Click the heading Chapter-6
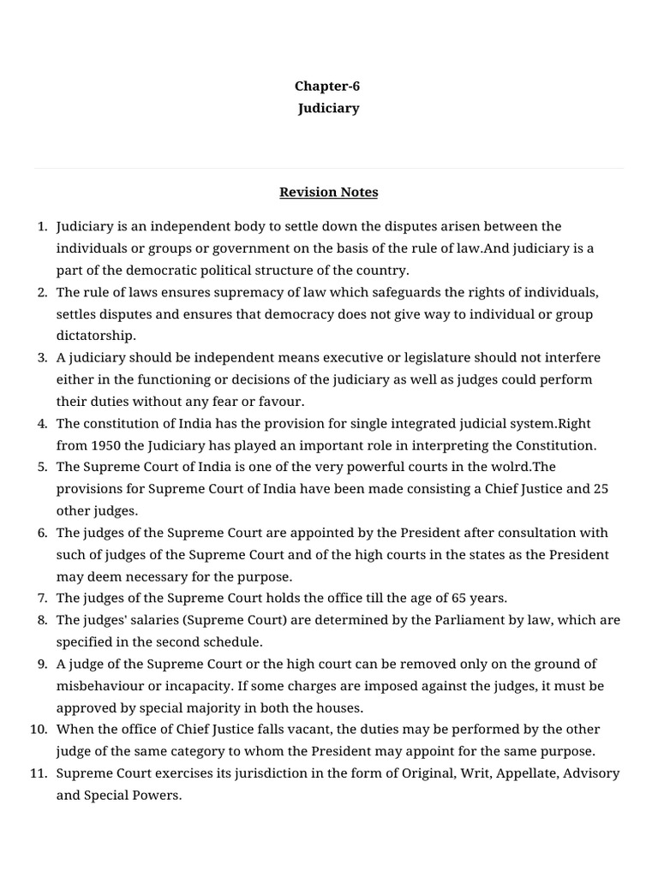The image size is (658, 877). [328, 86]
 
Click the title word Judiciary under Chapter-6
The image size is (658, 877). [328, 109]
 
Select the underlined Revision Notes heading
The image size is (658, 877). [328, 192]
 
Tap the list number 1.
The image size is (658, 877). [42, 226]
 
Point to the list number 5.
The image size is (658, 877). [42, 467]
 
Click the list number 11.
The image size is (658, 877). [39, 773]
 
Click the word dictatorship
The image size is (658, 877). [96, 336]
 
